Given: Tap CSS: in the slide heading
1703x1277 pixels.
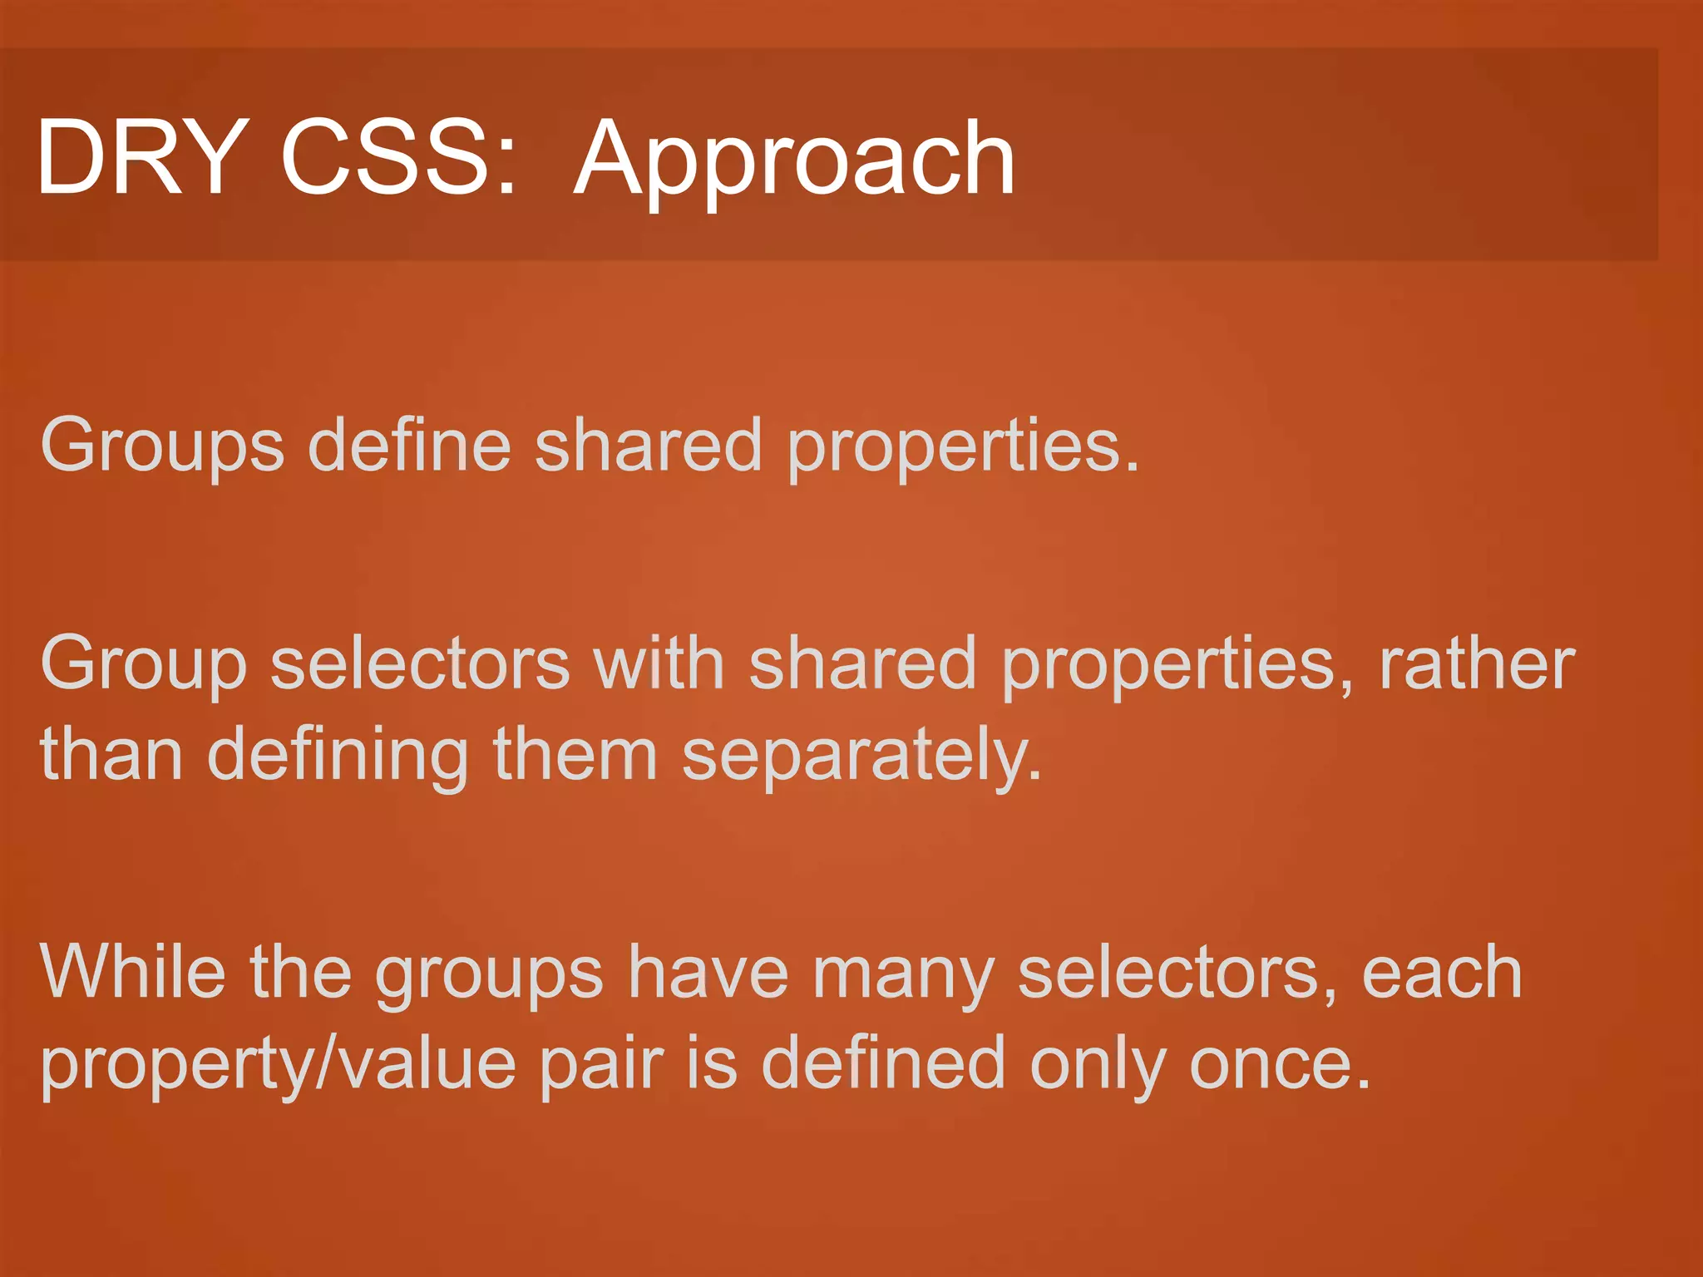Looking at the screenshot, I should pyautogui.click(x=397, y=157).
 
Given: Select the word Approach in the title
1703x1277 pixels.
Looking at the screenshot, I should pyautogui.click(x=794, y=162).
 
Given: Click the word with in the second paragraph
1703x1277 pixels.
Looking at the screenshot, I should pyautogui.click(x=659, y=663).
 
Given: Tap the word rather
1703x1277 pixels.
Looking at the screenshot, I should pyautogui.click(x=1477, y=663).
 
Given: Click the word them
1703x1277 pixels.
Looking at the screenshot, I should pyautogui.click(x=575, y=754).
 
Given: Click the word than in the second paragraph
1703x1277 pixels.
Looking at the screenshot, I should pyautogui.click(x=111, y=754).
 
